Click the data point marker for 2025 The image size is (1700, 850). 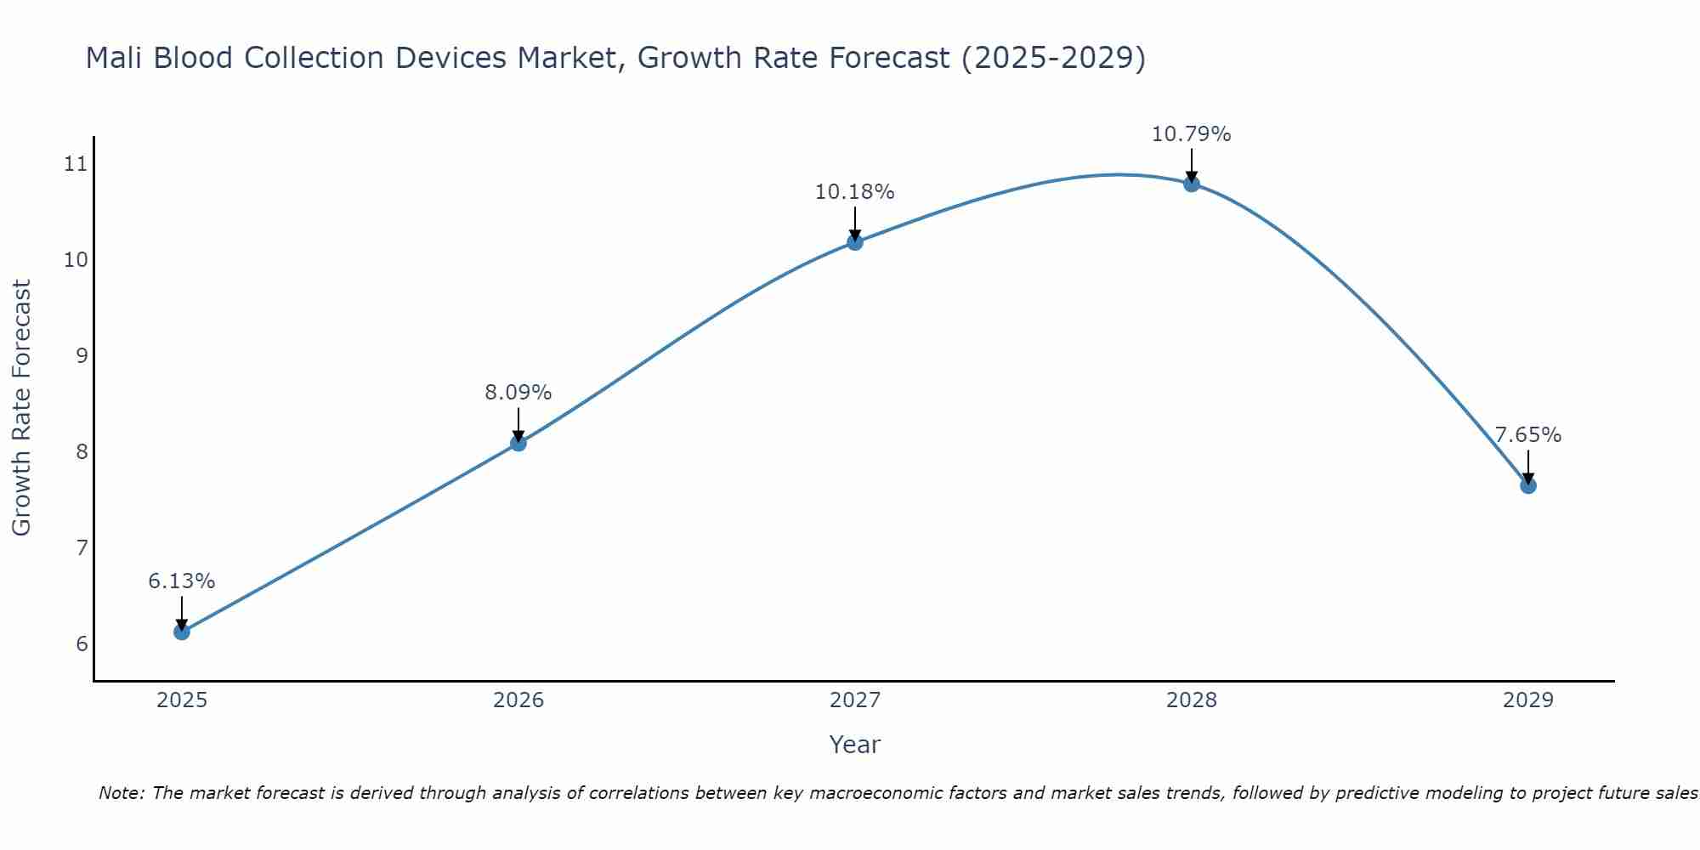181,632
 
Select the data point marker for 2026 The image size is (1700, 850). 518,443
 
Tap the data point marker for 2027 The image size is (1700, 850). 854,242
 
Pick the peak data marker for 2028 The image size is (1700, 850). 1191,184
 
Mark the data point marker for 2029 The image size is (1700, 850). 1527,485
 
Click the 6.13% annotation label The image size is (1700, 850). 181,581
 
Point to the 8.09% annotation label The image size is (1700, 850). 518,393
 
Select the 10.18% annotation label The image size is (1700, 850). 854,192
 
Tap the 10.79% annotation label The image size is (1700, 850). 1191,134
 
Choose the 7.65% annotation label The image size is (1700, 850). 1527,435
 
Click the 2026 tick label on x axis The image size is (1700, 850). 518,700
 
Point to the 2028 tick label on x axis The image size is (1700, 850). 1191,700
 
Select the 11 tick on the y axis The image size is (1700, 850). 76,164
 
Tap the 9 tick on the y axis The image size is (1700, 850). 82,355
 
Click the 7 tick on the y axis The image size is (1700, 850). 82,547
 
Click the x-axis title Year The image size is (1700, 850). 854,745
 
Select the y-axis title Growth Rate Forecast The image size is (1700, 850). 22,408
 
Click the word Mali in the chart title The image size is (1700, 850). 116,58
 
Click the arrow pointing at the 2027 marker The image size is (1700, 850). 854,223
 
